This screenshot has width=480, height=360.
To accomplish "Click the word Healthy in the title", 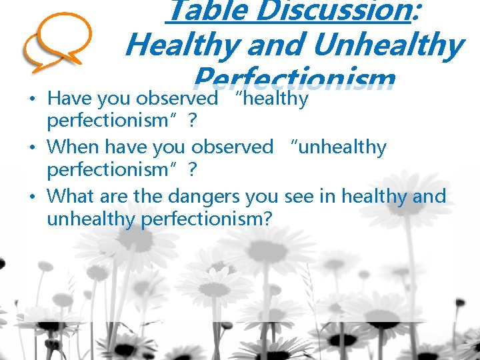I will pos(182,46).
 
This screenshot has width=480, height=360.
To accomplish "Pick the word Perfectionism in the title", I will pos(293,79).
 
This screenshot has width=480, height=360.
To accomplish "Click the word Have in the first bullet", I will pos(70,99).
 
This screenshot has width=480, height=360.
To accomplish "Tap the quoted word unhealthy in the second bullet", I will pos(341,147).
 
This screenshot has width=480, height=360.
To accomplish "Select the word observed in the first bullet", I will pos(177,99).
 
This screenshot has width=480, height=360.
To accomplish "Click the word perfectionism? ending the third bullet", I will pos(207,219).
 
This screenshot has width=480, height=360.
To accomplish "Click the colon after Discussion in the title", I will pos(418,11).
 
